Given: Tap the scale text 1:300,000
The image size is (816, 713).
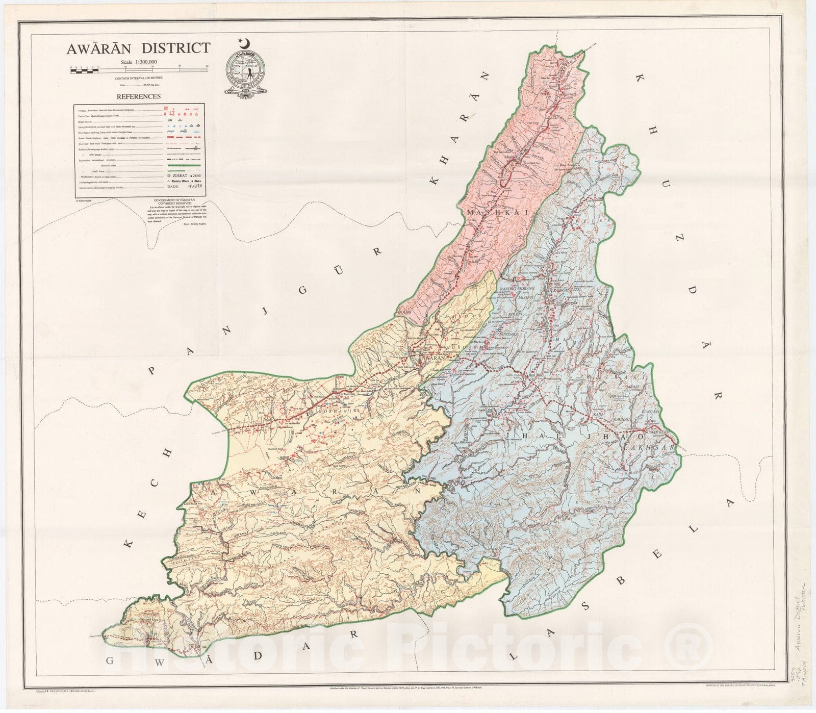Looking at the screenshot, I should [x=139, y=62].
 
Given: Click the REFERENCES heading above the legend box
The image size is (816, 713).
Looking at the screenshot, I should [x=139, y=96].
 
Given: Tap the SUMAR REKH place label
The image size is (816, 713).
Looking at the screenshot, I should [x=655, y=432].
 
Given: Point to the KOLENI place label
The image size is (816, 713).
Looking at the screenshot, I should [x=502, y=315].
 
